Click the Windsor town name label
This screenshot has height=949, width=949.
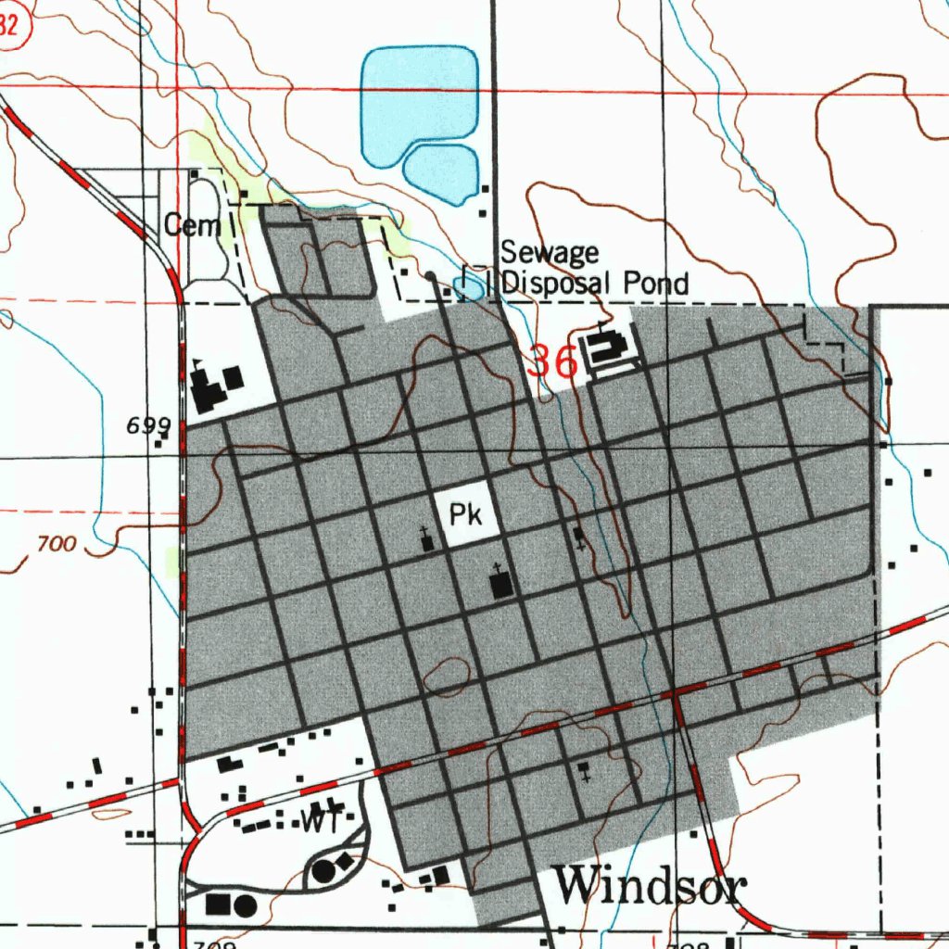click(x=650, y=887)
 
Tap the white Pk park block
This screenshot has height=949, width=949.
click(x=466, y=513)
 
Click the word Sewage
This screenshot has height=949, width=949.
click(x=550, y=253)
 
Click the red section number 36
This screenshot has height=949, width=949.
click(x=552, y=361)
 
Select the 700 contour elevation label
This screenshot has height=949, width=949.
click(x=57, y=544)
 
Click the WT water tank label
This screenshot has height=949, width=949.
click(x=317, y=819)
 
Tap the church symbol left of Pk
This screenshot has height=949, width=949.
click(x=426, y=540)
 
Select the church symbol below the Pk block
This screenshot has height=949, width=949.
click(x=500, y=583)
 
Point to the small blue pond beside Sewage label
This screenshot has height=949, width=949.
click(x=470, y=288)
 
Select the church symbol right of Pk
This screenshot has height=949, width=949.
click(x=580, y=537)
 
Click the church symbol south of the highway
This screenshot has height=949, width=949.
click(x=584, y=770)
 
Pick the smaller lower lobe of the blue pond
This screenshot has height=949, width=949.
click(x=441, y=173)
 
